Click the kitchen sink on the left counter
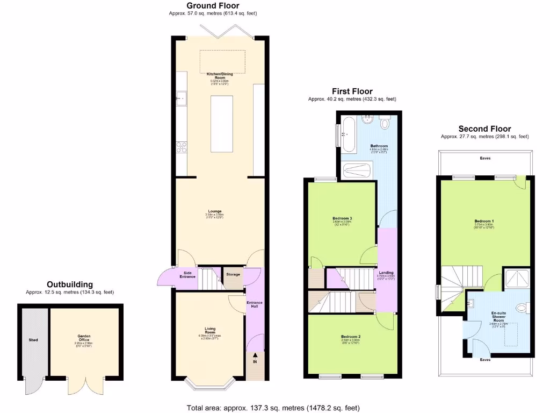(180, 99)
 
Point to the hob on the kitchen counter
(180, 147)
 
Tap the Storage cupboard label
(233, 274)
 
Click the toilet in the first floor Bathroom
(385, 124)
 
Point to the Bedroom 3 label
(342, 218)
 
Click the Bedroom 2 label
(351, 337)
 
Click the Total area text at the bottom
(273, 408)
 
